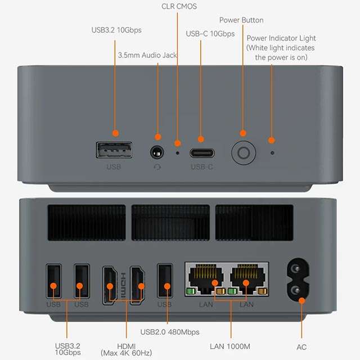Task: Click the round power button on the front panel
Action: (244, 152)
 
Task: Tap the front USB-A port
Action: (114, 150)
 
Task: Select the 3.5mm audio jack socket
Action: (157, 152)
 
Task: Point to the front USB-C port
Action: (201, 152)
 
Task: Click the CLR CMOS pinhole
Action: (178, 152)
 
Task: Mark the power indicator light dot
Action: (272, 152)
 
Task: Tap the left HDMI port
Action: (109, 284)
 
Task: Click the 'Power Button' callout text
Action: (241, 20)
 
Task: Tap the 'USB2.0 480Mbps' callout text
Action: (170, 332)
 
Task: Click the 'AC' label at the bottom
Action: (301, 347)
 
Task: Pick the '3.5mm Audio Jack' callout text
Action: (147, 55)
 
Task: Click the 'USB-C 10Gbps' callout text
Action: (210, 34)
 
